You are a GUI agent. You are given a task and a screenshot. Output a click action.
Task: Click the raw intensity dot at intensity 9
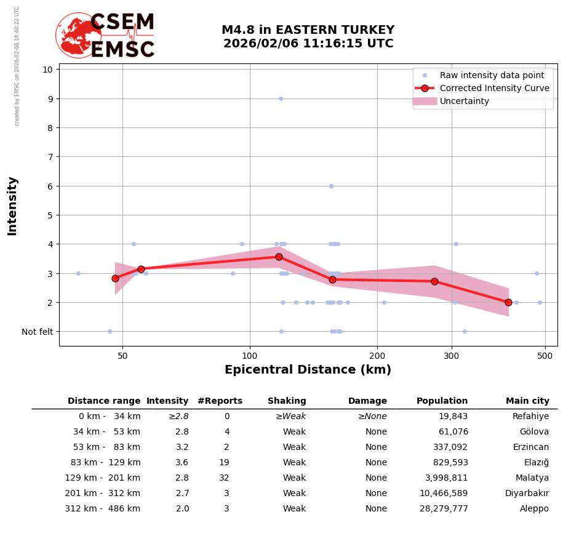281,98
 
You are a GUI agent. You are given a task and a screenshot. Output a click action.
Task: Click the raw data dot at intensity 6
331,186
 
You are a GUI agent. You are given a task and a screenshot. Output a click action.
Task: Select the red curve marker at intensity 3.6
279,257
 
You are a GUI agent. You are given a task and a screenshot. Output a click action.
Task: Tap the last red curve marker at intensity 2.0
508,302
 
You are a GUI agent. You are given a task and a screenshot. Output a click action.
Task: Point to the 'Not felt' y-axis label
38,332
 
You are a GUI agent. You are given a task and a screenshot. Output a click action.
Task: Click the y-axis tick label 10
47,70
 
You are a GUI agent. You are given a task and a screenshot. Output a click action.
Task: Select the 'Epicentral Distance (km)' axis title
308,370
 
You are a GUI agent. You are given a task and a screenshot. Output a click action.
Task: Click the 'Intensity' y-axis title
12,206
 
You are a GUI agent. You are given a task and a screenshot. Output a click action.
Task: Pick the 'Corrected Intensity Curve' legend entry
494,88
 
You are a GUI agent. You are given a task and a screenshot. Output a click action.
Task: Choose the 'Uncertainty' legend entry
464,101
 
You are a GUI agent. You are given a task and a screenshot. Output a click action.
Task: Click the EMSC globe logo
78,35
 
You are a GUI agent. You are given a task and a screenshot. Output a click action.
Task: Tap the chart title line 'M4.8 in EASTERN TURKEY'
308,30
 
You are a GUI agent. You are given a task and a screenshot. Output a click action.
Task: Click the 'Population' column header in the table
442,401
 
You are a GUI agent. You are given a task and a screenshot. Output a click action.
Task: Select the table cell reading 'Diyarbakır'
527,494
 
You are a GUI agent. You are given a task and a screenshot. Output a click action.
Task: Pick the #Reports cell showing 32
224,478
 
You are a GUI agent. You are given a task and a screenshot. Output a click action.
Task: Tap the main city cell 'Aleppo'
534,509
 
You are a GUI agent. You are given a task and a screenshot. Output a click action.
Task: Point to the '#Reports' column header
220,401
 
